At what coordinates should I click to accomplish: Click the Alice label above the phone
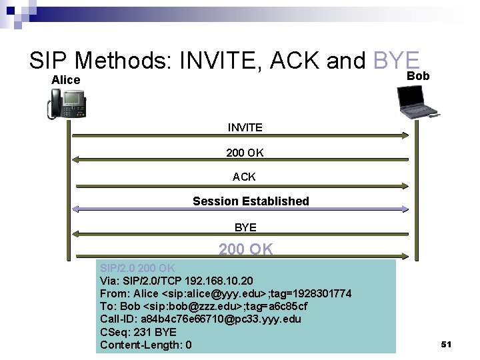66,80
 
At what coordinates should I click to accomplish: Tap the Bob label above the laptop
418,76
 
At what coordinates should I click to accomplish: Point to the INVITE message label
245,127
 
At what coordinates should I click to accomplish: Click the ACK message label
244,177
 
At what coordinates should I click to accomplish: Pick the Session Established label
251,201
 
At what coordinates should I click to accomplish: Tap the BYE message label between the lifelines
245,227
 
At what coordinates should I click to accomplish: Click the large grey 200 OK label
245,249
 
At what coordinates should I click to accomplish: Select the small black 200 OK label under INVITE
245,153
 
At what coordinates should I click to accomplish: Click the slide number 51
447,344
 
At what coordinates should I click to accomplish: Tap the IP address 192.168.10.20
215,281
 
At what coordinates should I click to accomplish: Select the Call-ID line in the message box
200,319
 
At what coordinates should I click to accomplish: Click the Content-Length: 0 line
146,345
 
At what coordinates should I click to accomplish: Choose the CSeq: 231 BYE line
138,332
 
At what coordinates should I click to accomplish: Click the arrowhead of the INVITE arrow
405,135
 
